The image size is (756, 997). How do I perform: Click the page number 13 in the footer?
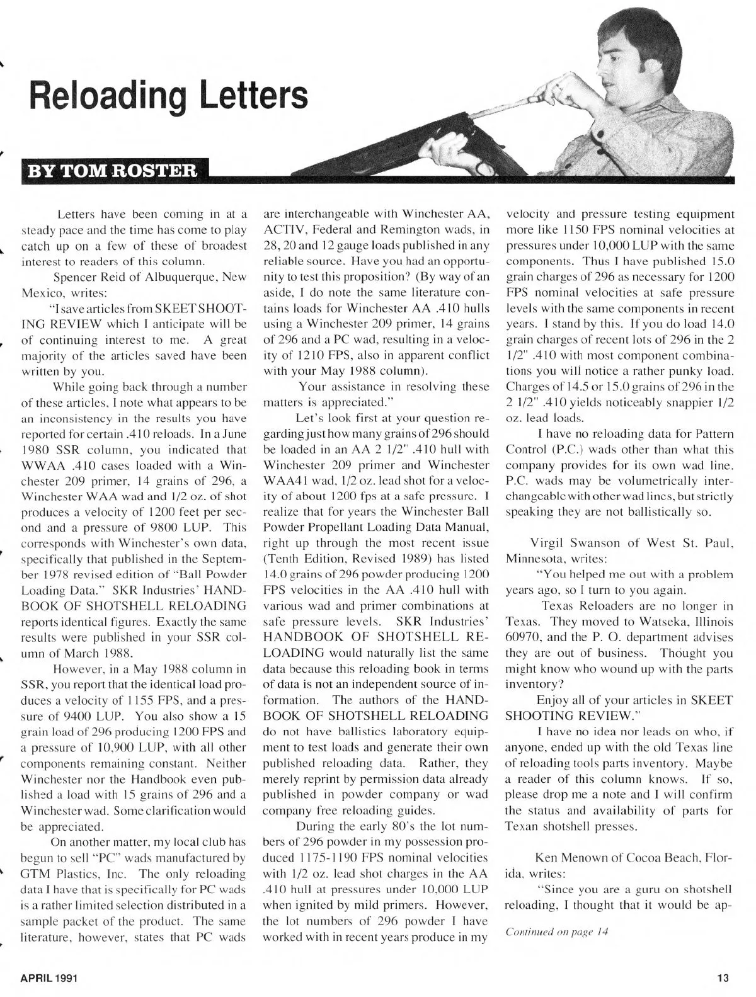pyautogui.click(x=722, y=977)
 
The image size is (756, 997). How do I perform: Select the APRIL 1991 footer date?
pyautogui.click(x=49, y=977)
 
